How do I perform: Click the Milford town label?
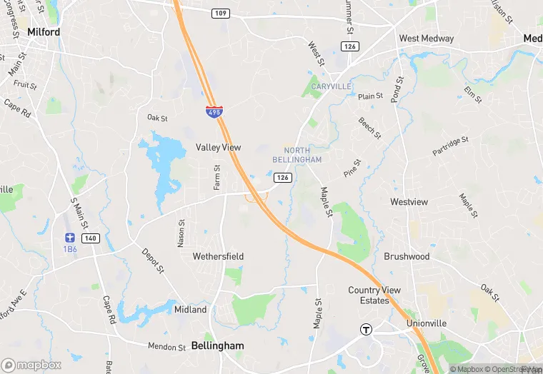pyautogui.click(x=44, y=32)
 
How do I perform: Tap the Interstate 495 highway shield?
pyautogui.click(x=214, y=111)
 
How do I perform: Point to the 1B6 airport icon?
pyautogui.click(x=69, y=237)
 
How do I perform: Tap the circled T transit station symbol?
pyautogui.click(x=366, y=329)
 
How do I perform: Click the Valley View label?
pyautogui.click(x=219, y=148)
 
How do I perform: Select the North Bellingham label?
pyautogui.click(x=302, y=155)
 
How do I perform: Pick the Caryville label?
pyautogui.click(x=332, y=86)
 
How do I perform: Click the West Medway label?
pyautogui.click(x=427, y=39)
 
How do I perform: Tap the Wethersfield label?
pyautogui.click(x=218, y=256)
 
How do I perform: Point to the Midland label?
pyautogui.click(x=191, y=310)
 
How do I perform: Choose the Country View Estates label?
pyautogui.click(x=374, y=295)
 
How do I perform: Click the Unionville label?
pyautogui.click(x=427, y=323)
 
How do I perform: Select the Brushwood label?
pyautogui.click(x=407, y=256)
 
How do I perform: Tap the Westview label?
pyautogui.click(x=409, y=202)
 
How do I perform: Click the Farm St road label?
pyautogui.click(x=217, y=176)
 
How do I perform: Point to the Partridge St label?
pyautogui.click(x=450, y=146)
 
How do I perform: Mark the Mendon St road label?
pyautogui.click(x=166, y=347)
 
